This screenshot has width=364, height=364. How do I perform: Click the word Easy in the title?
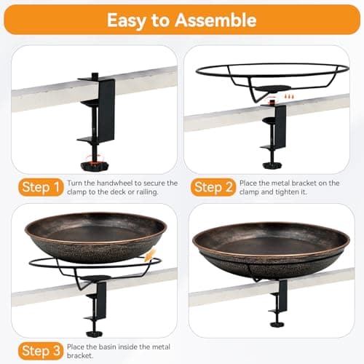(127, 19)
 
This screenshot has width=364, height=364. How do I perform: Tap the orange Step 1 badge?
(39, 188)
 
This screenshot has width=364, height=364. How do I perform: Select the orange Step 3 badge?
(39, 351)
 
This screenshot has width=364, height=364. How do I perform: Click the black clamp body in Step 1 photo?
(106, 109)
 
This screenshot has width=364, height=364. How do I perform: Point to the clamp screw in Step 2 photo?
(271, 157)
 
